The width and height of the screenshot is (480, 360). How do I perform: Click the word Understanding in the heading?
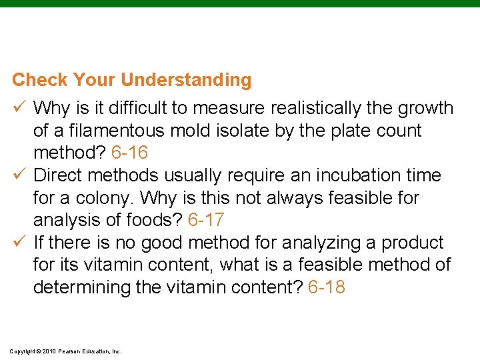point(186,81)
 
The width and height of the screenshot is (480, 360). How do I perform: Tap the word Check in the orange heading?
point(40,81)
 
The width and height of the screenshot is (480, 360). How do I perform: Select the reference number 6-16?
point(129,153)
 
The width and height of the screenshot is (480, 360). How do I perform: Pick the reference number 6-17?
point(207,220)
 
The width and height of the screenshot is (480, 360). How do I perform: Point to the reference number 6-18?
point(327,288)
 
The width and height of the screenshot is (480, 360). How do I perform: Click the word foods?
point(160,220)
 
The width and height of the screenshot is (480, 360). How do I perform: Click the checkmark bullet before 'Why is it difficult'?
point(18,108)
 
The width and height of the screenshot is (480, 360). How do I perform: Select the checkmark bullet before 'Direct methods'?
point(18,175)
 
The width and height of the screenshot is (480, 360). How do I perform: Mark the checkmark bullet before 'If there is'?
point(18,243)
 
